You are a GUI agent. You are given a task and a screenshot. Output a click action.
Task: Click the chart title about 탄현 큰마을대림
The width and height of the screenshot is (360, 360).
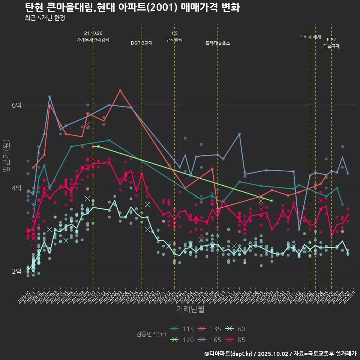[x=132, y=7]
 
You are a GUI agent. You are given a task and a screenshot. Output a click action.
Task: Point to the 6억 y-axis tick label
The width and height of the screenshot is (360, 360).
[x=17, y=105]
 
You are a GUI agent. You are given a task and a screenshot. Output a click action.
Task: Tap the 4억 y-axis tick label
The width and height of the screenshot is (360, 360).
[x=17, y=188]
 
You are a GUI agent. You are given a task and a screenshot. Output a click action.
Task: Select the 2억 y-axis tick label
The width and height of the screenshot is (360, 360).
[x=17, y=271]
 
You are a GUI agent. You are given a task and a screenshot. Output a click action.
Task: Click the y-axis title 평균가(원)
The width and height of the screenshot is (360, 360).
[x=6, y=156]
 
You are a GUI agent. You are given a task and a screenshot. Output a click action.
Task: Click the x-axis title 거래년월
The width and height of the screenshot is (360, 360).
[x=190, y=309]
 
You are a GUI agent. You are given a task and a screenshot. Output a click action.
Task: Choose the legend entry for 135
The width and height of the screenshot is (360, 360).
[x=210, y=329]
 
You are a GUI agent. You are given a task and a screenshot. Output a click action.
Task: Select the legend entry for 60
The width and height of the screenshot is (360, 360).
[x=236, y=329]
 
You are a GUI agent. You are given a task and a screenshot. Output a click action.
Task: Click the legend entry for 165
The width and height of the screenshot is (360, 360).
[x=210, y=340]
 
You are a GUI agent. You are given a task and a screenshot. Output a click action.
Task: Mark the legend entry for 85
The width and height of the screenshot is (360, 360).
[x=236, y=340]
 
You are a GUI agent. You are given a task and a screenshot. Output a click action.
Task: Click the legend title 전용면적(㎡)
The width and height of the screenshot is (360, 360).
[x=151, y=334]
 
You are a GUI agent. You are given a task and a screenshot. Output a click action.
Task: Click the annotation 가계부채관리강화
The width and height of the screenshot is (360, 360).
[x=93, y=39]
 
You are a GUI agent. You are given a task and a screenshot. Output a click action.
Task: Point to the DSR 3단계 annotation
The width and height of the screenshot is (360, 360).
[x=142, y=43]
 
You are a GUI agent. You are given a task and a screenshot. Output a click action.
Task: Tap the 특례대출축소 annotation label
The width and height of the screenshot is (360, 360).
[x=218, y=43]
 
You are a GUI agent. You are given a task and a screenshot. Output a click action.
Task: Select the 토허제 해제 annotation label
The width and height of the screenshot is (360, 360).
[x=310, y=37]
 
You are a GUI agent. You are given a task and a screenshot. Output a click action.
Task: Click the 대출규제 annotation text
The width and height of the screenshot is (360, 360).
[x=331, y=46]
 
